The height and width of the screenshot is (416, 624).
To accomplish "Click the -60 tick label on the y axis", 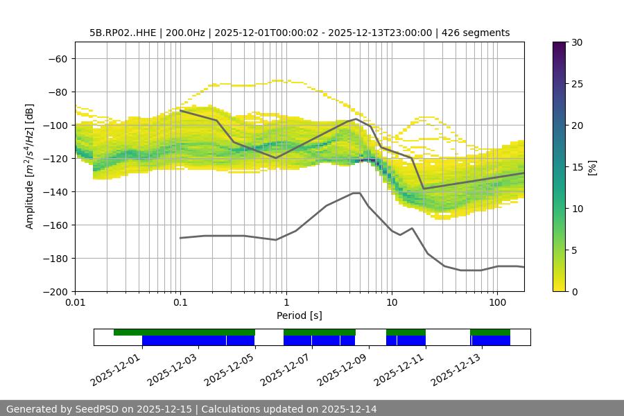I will (x=56, y=58).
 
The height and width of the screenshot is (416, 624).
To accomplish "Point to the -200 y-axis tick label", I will (x=53, y=291).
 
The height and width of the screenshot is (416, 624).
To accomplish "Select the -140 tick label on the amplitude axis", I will (x=53, y=191).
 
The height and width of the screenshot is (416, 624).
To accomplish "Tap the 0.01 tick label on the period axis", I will (x=75, y=303).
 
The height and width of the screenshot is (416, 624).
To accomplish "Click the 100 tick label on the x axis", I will (x=497, y=303).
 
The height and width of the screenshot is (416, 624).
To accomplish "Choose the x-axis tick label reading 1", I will (x=286, y=303).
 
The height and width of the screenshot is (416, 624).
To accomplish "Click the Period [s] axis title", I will (x=300, y=315).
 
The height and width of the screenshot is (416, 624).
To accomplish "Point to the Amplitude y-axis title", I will (x=29, y=166).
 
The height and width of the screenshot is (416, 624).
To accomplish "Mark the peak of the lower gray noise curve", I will (x=356, y=193).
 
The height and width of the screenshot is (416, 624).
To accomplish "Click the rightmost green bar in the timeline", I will (x=490, y=332).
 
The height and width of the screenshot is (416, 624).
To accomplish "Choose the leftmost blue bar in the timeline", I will (x=184, y=340).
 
